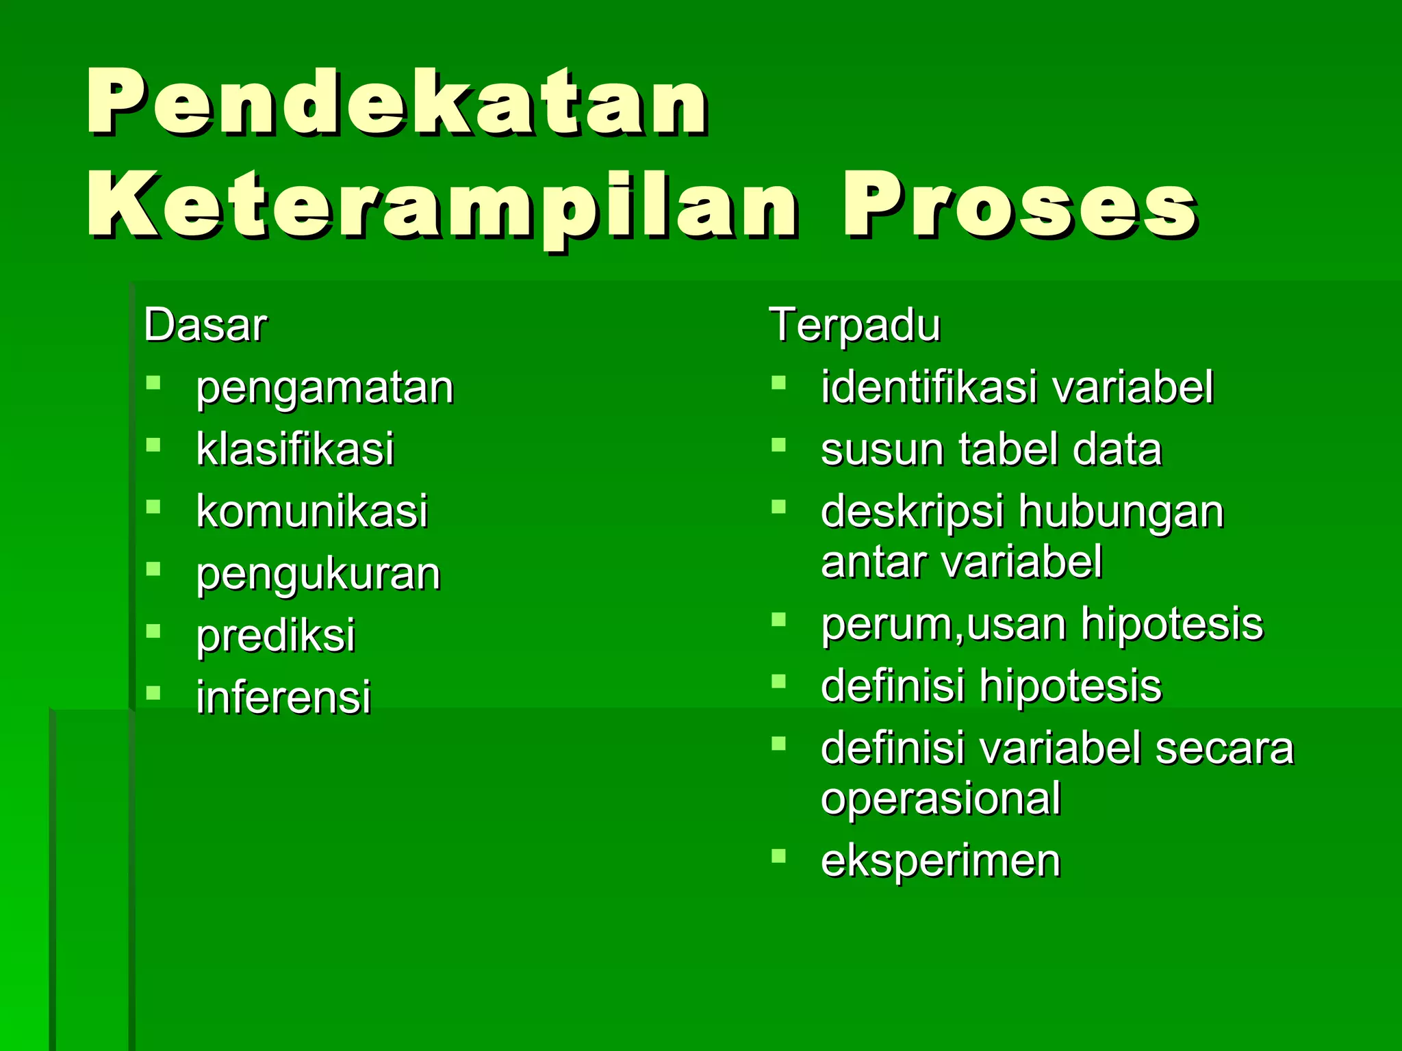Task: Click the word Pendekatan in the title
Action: [397, 103]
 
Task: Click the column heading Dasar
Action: [205, 325]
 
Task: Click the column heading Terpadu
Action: [854, 325]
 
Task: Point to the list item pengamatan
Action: [324, 389]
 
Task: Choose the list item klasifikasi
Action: [294, 450]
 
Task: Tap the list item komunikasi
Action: [311, 511]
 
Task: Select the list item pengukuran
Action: [318, 574]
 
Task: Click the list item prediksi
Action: [275, 636]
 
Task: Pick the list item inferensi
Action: [283, 697]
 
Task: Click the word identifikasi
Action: [929, 387]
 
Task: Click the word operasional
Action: [941, 799]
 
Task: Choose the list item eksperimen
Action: [941, 861]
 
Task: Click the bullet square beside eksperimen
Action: [778, 855]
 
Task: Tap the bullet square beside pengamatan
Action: [153, 382]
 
